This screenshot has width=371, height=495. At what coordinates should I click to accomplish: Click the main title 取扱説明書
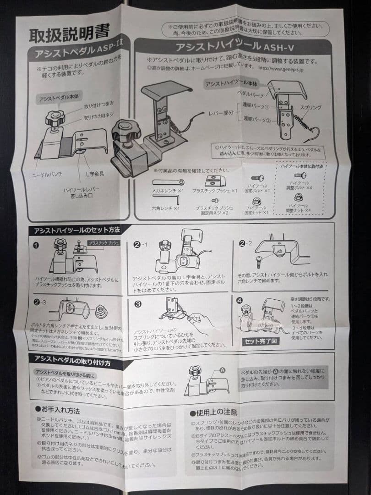(x=69, y=34)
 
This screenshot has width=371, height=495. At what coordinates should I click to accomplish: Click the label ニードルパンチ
(x=47, y=175)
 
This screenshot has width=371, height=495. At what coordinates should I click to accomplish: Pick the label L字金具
(x=95, y=175)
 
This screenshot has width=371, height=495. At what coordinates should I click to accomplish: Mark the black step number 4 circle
(x=240, y=301)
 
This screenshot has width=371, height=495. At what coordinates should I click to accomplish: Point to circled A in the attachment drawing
(x=223, y=369)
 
